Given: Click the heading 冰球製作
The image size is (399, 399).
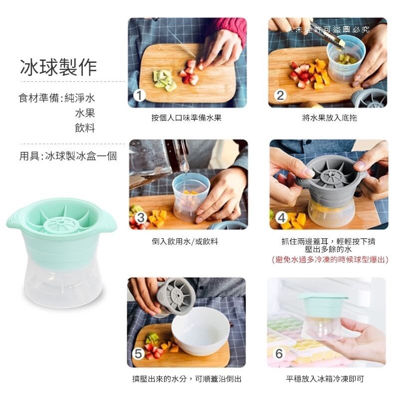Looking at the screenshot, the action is (58, 67).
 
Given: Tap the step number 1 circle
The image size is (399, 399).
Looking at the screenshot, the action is (140, 96).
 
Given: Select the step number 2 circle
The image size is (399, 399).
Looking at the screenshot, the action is (280, 95).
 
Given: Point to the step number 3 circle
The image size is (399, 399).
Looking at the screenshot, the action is (141, 217).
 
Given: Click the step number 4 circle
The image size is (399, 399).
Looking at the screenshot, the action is (281, 217).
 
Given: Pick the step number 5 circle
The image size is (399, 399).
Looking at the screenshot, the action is (139, 354).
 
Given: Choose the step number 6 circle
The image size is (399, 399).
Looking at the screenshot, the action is (279, 354).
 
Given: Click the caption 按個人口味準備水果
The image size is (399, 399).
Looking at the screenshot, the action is (187, 118).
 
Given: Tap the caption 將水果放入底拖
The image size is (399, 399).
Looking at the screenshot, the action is (330, 118).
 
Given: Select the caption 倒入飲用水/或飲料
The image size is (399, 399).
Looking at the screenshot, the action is (185, 241).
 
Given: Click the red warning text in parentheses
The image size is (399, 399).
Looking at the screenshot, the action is (330, 259).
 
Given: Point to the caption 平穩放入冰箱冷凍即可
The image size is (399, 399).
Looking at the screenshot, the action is (325, 379).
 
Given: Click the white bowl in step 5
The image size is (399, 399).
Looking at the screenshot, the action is (200, 331).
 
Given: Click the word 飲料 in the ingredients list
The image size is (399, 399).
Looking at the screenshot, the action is (85, 128).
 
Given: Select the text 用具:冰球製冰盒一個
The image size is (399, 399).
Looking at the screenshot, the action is (68, 156).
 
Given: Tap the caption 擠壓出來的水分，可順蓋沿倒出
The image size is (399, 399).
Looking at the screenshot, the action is (187, 379).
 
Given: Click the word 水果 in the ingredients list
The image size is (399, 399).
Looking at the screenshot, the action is (85, 113).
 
